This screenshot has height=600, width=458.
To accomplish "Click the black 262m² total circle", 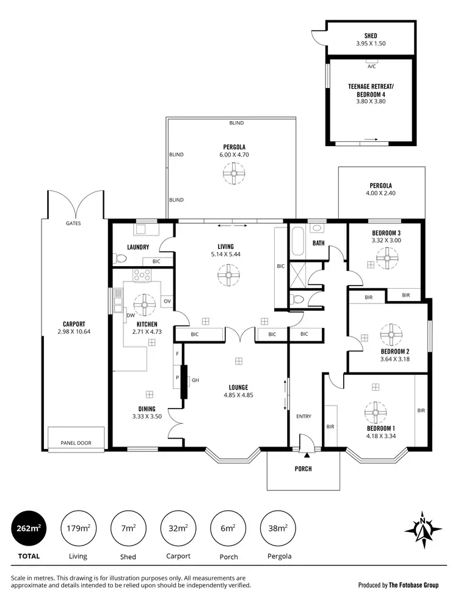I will click(x=29, y=528).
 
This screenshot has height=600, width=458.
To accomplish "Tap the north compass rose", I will click(x=422, y=527).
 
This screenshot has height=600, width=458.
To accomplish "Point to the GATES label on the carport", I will click(x=73, y=223).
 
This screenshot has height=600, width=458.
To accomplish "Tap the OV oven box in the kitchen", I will click(x=167, y=301).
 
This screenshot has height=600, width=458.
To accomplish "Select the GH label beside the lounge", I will click(x=195, y=380).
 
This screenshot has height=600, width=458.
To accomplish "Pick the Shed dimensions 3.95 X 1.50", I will click(x=371, y=43).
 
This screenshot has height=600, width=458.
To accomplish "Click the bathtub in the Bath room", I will click(x=297, y=242).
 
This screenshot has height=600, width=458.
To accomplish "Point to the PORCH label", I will click(x=303, y=469).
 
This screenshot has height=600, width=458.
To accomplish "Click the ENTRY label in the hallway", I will click(x=304, y=417).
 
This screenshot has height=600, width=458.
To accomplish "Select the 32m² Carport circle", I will click(x=178, y=528).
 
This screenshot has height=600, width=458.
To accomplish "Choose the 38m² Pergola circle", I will click(x=278, y=528).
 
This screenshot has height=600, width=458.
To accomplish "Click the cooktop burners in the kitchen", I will click(x=142, y=275).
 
